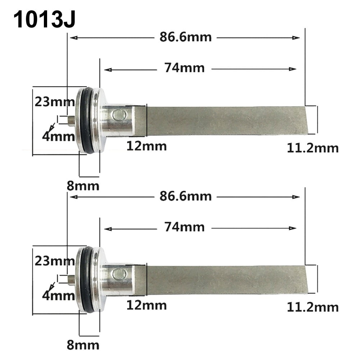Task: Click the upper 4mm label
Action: point(58,137)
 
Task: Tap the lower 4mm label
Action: point(58,296)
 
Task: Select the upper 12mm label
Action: point(146,146)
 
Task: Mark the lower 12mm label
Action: point(146,305)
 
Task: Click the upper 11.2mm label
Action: point(313,148)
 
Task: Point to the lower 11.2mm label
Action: point(313,307)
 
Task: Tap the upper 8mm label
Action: point(83,186)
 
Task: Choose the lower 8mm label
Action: point(83,345)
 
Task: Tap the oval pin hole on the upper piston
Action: point(119,115)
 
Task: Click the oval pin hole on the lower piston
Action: point(119,274)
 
